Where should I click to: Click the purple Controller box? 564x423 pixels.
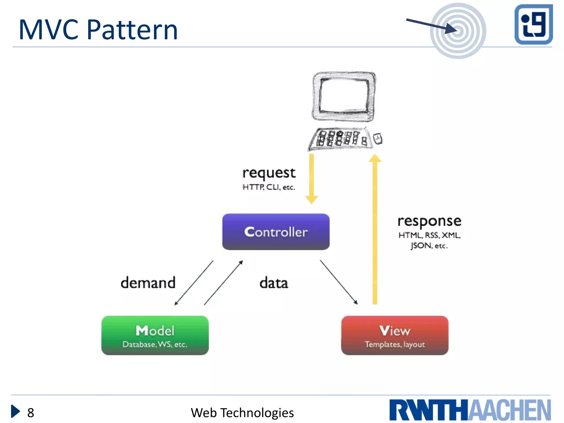point(276,232)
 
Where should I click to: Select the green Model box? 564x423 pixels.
point(155,335)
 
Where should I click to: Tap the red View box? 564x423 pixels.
point(395,335)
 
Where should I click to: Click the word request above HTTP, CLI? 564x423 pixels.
point(269,173)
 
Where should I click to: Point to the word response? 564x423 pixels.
point(429,221)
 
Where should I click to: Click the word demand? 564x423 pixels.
point(148,283)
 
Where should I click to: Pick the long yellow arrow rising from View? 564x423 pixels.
point(375,229)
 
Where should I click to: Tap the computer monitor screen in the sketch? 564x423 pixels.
point(344,95)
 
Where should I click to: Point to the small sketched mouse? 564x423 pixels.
point(378,139)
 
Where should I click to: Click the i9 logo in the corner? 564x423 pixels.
point(533,24)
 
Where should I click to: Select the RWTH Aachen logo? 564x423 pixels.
point(470,410)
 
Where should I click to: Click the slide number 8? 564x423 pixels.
point(31,413)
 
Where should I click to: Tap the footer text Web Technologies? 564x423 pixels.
point(242,413)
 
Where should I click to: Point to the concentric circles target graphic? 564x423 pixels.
point(458,31)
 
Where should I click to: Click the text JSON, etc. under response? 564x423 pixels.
point(429,245)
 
